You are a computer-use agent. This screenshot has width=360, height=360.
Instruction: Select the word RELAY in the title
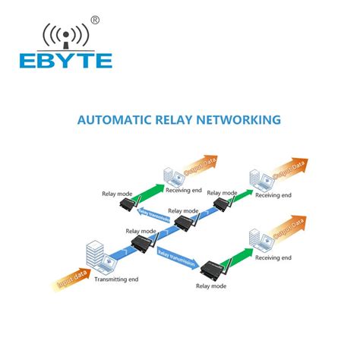pyautogui.click(x=185, y=119)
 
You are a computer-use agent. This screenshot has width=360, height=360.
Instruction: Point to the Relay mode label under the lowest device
pyautogui.click(x=212, y=286)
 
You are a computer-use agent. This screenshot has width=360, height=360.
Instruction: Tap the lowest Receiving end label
pyautogui.click(x=273, y=258)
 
